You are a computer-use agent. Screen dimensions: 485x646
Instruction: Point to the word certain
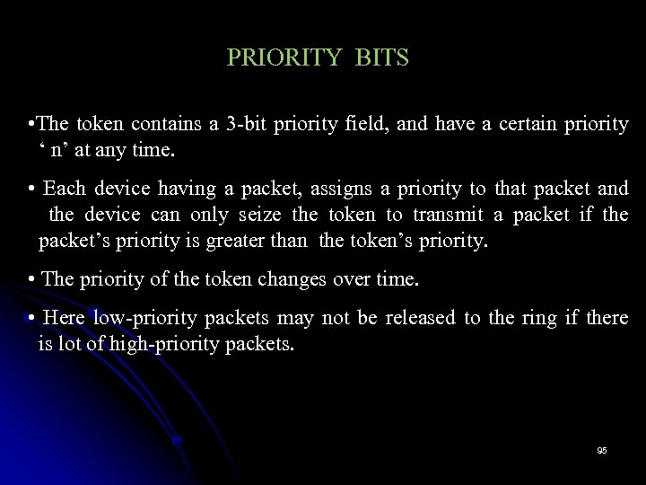click(506, 124)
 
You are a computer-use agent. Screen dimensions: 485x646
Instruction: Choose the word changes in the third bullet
click(286, 280)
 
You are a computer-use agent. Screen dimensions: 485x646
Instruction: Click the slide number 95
click(601, 450)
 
